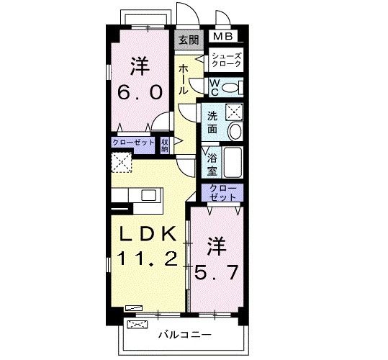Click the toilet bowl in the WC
coord(230,87)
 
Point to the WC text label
coord(214,87)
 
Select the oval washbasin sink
coord(234,131)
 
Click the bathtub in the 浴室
coord(233,165)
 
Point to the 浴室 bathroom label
coord(212,163)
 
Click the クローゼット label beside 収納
coord(133,143)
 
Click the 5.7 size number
coord(217,271)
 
